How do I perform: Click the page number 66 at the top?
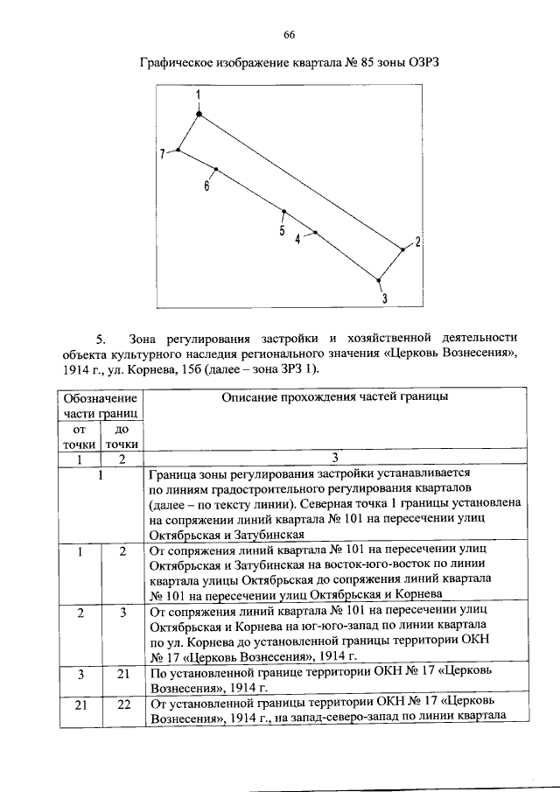pos(288,35)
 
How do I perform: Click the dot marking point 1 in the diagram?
pos(199,114)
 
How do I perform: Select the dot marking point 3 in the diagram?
pos(379,280)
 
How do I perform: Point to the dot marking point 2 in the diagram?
pos(403,249)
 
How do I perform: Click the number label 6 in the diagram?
pos(206,186)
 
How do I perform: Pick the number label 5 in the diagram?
pos(282,231)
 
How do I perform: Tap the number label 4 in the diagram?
pos(297,240)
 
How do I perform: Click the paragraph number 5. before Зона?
pos(101,337)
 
